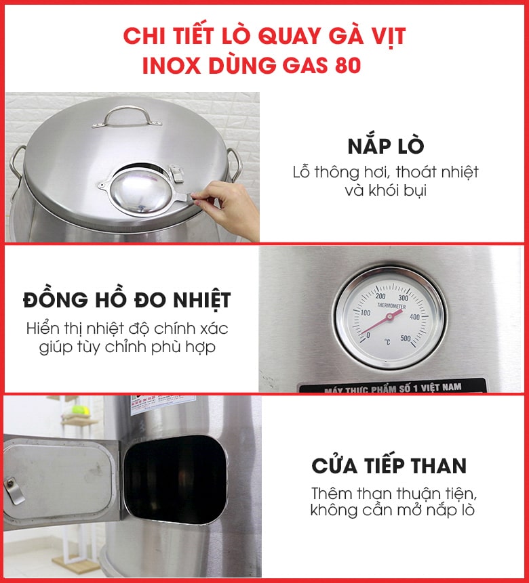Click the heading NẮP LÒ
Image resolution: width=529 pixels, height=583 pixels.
(x=385, y=146)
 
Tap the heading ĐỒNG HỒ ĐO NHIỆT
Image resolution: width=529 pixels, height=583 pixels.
(x=127, y=300)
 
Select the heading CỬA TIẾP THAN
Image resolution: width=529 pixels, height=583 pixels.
(x=389, y=466)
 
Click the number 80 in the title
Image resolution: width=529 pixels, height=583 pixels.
(x=347, y=66)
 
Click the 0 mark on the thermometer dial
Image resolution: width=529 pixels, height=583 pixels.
(x=368, y=334)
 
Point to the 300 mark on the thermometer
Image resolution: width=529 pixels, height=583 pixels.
(x=403, y=297)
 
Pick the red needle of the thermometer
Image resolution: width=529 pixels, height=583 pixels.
(x=380, y=324)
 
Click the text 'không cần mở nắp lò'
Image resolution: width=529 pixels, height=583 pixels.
(x=392, y=510)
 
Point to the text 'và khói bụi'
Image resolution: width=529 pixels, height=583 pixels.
(x=385, y=190)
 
